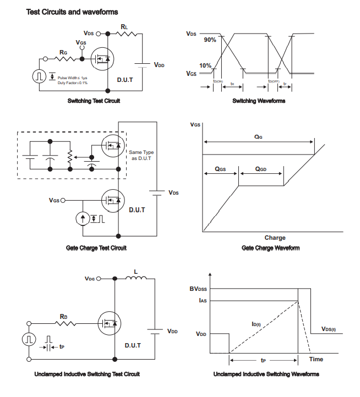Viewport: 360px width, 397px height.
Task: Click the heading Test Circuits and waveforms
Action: (72, 12)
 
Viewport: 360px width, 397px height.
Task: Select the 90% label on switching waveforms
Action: (210, 40)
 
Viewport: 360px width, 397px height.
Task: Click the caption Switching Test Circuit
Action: (94, 101)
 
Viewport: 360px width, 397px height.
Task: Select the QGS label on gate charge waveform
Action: (220, 169)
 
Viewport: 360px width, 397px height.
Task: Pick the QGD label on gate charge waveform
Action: (260, 169)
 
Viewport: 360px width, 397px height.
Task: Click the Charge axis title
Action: (275, 238)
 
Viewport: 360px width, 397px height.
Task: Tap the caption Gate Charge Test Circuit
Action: (96, 248)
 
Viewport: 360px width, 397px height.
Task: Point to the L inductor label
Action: (136, 271)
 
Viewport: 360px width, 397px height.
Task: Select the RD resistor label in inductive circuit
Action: (63, 317)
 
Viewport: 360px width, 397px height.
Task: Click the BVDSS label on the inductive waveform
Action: (200, 289)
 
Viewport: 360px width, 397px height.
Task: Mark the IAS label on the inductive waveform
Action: (203, 300)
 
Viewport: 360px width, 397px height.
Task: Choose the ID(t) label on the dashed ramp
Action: (256, 324)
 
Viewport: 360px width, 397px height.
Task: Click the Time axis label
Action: (316, 359)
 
